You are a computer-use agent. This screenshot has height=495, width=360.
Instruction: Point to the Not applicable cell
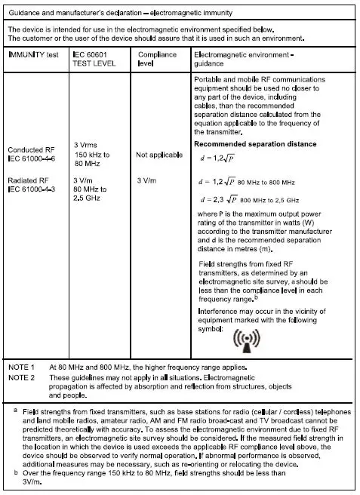158,155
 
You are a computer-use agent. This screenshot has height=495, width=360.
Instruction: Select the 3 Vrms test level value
88,145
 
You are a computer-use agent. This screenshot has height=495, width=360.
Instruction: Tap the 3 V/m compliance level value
147,181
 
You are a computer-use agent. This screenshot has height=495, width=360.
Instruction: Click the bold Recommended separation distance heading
255,144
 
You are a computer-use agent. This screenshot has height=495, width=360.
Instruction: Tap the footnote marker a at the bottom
16,410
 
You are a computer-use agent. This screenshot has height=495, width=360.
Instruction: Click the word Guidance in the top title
25,12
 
